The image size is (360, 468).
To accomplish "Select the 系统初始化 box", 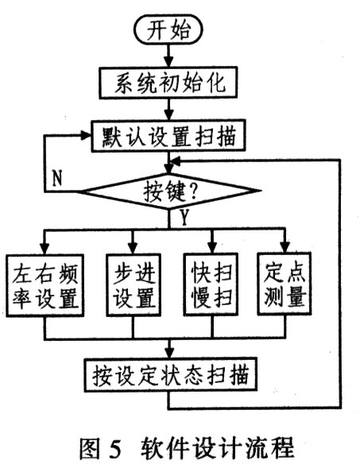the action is click(168, 83).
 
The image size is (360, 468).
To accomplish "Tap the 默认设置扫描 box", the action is click(168, 136).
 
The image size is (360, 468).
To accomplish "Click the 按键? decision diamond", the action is click(170, 191).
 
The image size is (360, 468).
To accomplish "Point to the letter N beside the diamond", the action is click(56, 178).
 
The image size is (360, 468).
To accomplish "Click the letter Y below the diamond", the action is click(185, 217).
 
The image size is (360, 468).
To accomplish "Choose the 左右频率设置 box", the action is click(45, 285).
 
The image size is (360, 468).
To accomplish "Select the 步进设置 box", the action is click(134, 284).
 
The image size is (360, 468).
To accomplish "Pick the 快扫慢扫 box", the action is click(211, 284).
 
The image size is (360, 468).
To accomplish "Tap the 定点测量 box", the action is click(285, 284).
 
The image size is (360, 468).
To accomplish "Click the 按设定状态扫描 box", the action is click(170, 374).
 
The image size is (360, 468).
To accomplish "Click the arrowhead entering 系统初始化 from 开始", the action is click(169, 62).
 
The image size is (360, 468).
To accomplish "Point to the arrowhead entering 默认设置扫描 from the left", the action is click(86, 135).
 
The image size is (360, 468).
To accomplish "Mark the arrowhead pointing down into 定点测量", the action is click(285, 247).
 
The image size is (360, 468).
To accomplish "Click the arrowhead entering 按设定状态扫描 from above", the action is click(170, 353).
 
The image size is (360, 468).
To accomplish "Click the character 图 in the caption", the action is click(90, 447).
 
